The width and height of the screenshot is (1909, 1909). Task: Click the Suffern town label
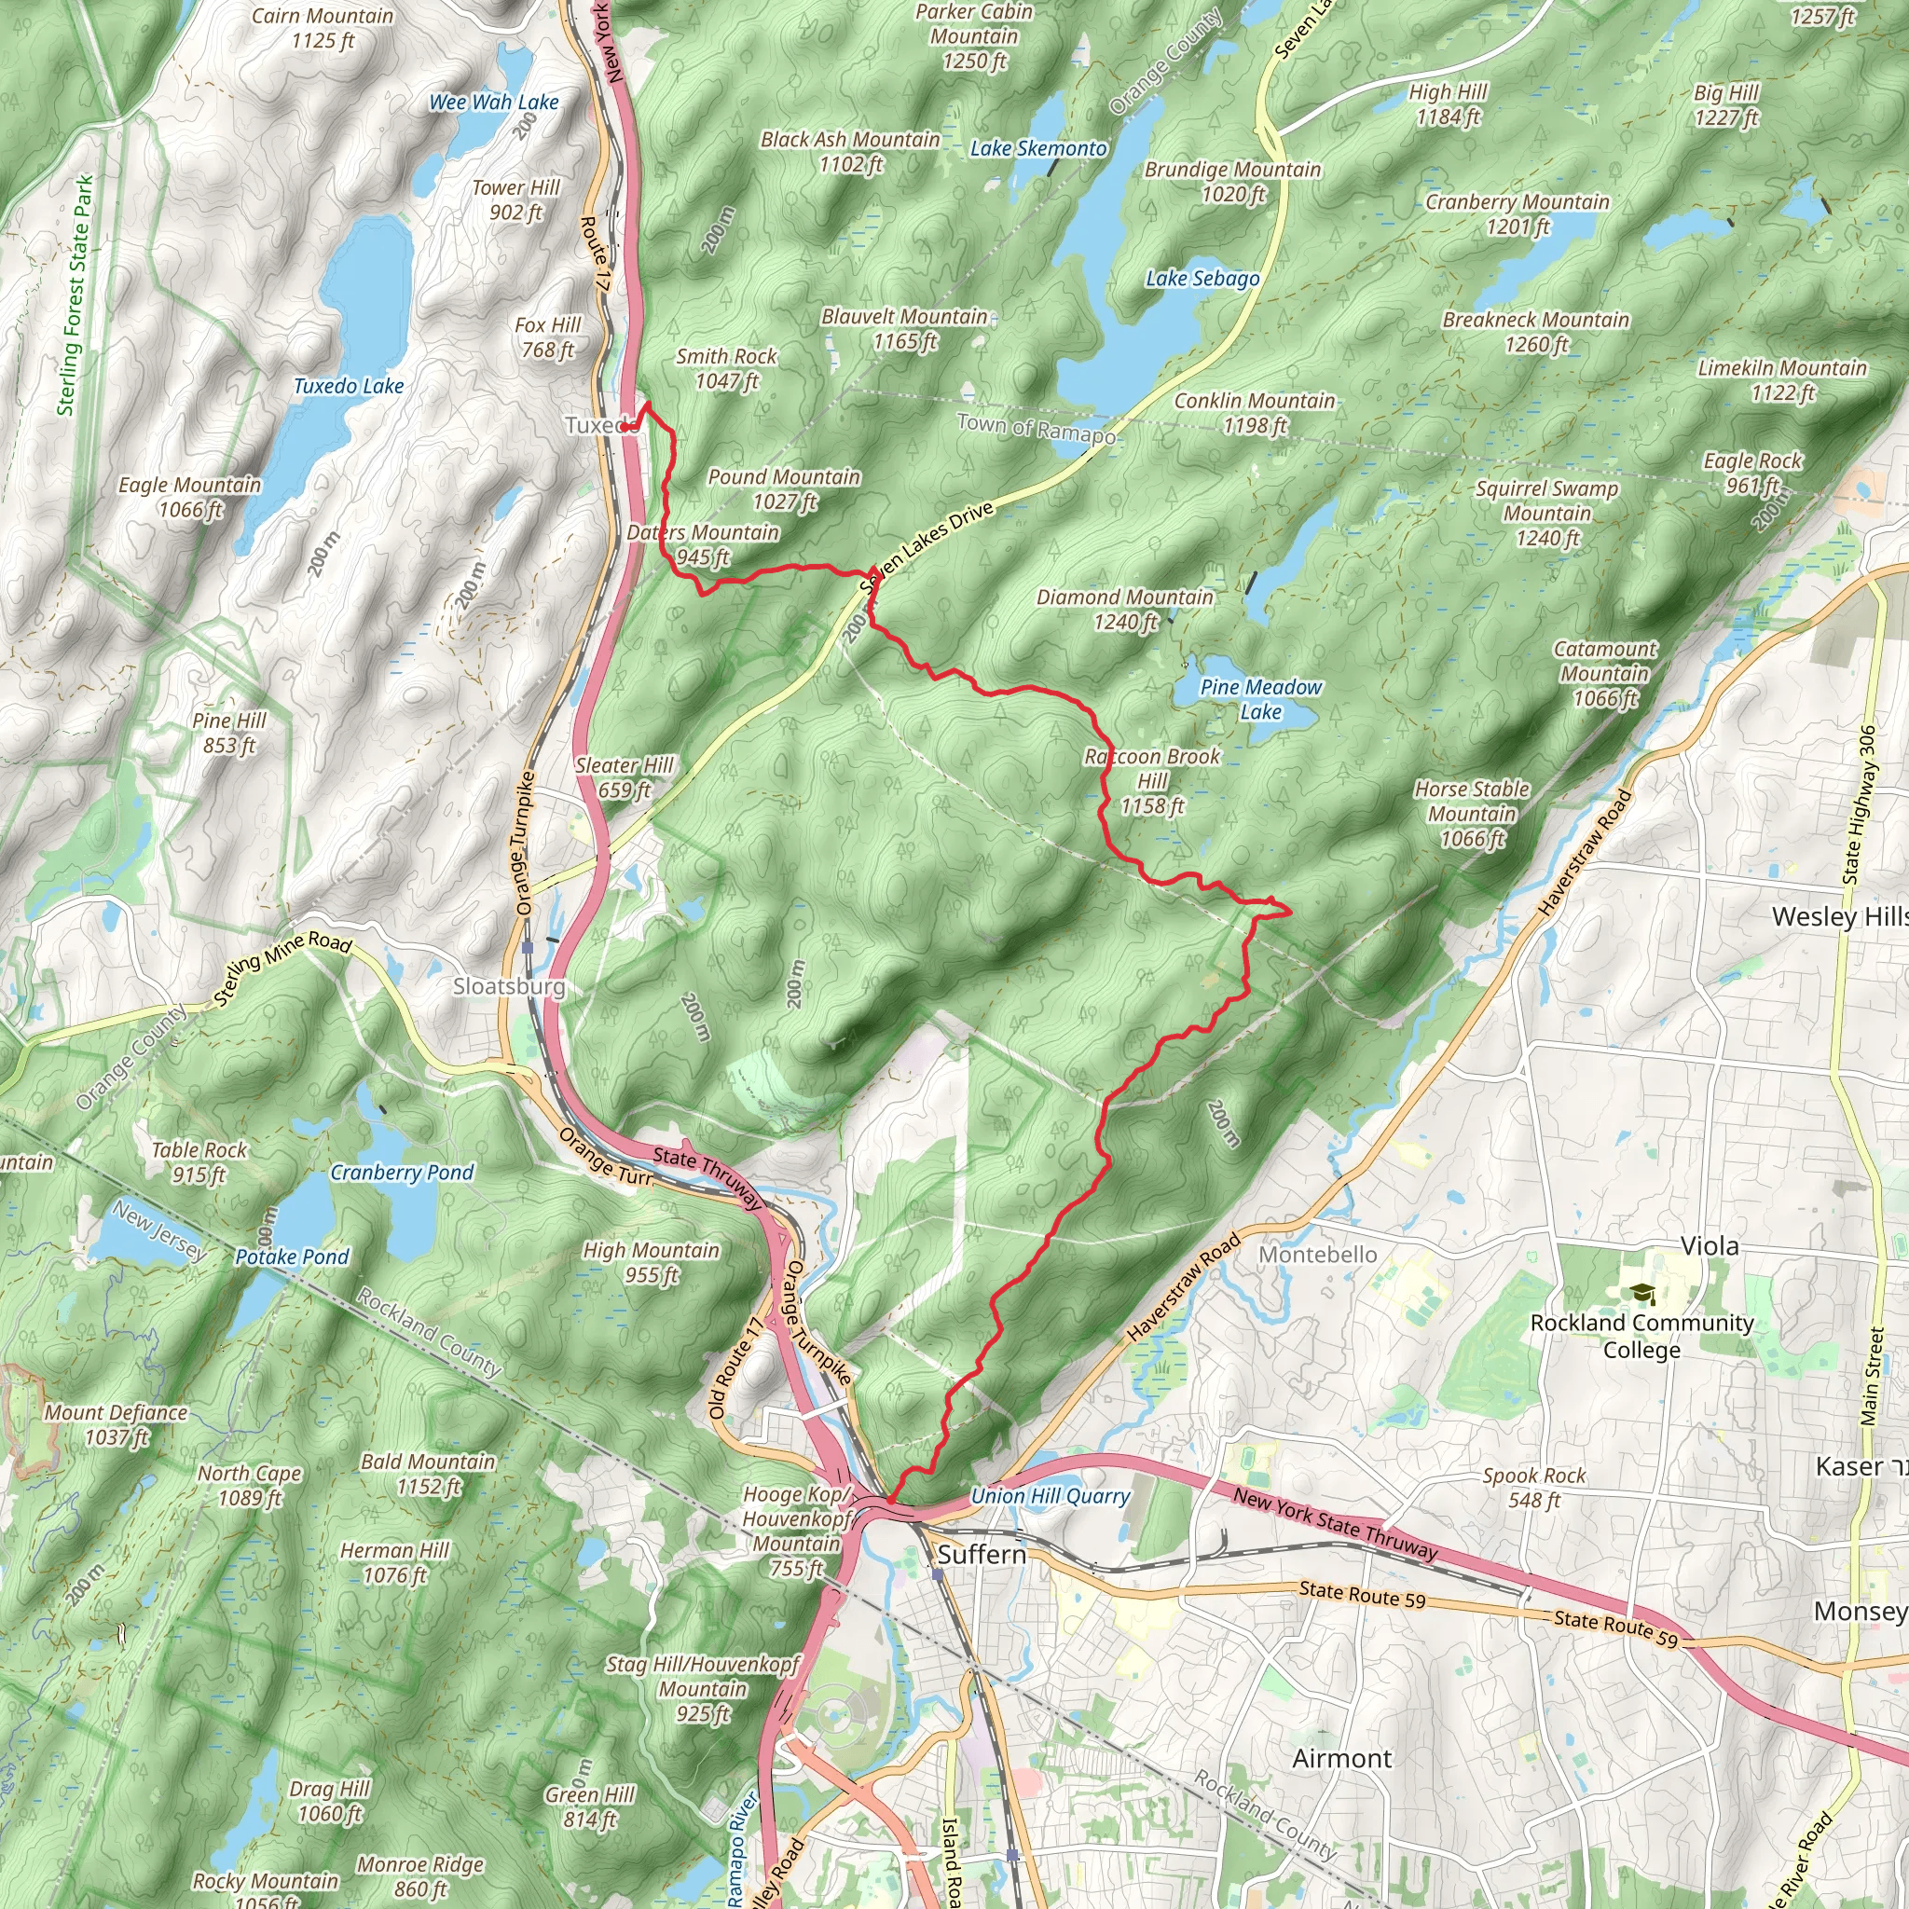pyautogui.click(x=982, y=1554)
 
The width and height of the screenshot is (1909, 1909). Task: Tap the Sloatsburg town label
pyautogui.click(x=509, y=986)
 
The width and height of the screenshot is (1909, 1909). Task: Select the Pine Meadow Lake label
pyautogui.click(x=1260, y=698)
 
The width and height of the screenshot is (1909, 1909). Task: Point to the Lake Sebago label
pyautogui.click(x=1202, y=279)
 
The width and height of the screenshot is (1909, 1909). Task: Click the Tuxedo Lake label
pyautogui.click(x=348, y=386)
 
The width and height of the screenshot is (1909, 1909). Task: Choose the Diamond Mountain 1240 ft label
pyautogui.click(x=1124, y=609)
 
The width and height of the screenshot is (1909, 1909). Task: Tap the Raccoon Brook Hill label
pyautogui.click(x=1152, y=780)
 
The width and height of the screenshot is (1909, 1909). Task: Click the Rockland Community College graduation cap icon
pyautogui.click(x=1642, y=1294)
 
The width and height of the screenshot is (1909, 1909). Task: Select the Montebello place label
pyautogui.click(x=1317, y=1255)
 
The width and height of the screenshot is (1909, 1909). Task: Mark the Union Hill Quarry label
pyautogui.click(x=1050, y=1496)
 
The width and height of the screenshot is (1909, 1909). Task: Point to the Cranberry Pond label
pyautogui.click(x=401, y=1173)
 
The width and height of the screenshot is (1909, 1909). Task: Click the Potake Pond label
pyautogui.click(x=292, y=1257)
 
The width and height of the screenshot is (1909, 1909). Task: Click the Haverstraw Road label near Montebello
pyautogui.click(x=1183, y=1287)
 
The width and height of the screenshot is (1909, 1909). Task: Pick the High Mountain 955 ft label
pyautogui.click(x=652, y=1262)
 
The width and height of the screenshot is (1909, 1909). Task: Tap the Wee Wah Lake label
pyautogui.click(x=493, y=103)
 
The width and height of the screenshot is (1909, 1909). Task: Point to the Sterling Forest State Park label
pyautogui.click(x=76, y=295)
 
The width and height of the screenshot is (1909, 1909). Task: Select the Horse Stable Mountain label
pyautogui.click(x=1471, y=814)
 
